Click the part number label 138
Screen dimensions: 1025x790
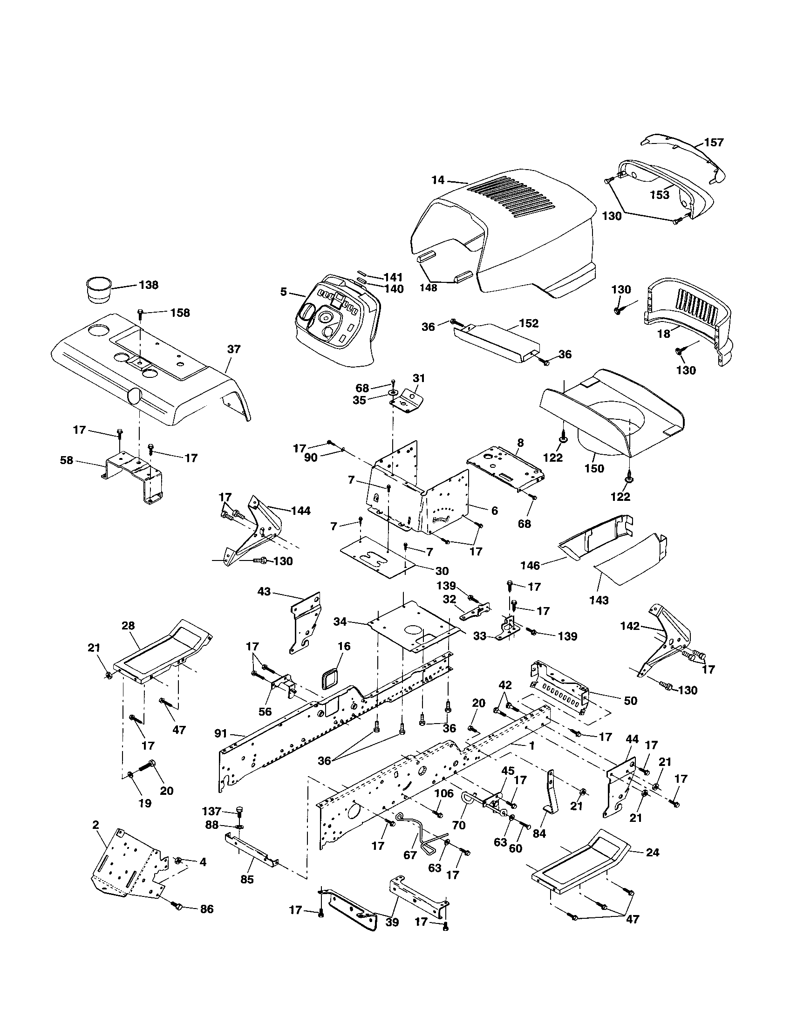[149, 285]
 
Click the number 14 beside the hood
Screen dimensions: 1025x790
[438, 180]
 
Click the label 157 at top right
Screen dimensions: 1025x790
[714, 142]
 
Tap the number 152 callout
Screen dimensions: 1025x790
[529, 323]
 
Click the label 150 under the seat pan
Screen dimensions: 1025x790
[594, 468]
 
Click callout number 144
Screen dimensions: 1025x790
[301, 511]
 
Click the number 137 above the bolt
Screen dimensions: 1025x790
[211, 811]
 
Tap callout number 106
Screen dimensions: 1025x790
[444, 793]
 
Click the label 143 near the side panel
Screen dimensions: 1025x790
[599, 600]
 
